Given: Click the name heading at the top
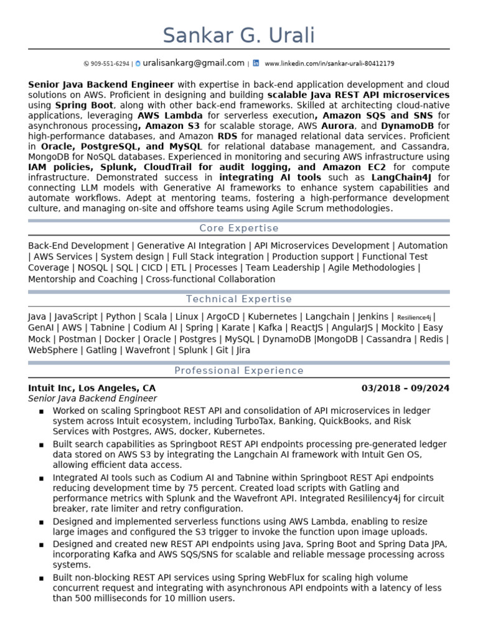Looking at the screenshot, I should tap(239, 35).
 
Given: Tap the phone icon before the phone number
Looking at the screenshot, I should tap(86, 64).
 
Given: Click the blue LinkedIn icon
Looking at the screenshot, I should tap(256, 63).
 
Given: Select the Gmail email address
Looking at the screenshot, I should tap(194, 63).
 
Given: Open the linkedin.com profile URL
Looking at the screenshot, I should tap(329, 64).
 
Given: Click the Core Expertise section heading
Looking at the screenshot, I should tap(239, 228).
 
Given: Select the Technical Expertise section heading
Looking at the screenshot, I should tap(239, 299).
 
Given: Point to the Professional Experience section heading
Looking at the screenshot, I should tap(239, 371).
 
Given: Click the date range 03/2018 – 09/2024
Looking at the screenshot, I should tap(405, 388).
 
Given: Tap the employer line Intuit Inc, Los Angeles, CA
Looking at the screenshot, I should tap(92, 388).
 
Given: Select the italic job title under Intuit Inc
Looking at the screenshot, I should tap(93, 399).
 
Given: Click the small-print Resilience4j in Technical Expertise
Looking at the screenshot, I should tap(414, 317).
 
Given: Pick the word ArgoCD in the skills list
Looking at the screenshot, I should tap(220, 317).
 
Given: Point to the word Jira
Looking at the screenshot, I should tap(243, 350).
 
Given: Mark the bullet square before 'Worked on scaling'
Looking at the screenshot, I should tap(41, 411).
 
